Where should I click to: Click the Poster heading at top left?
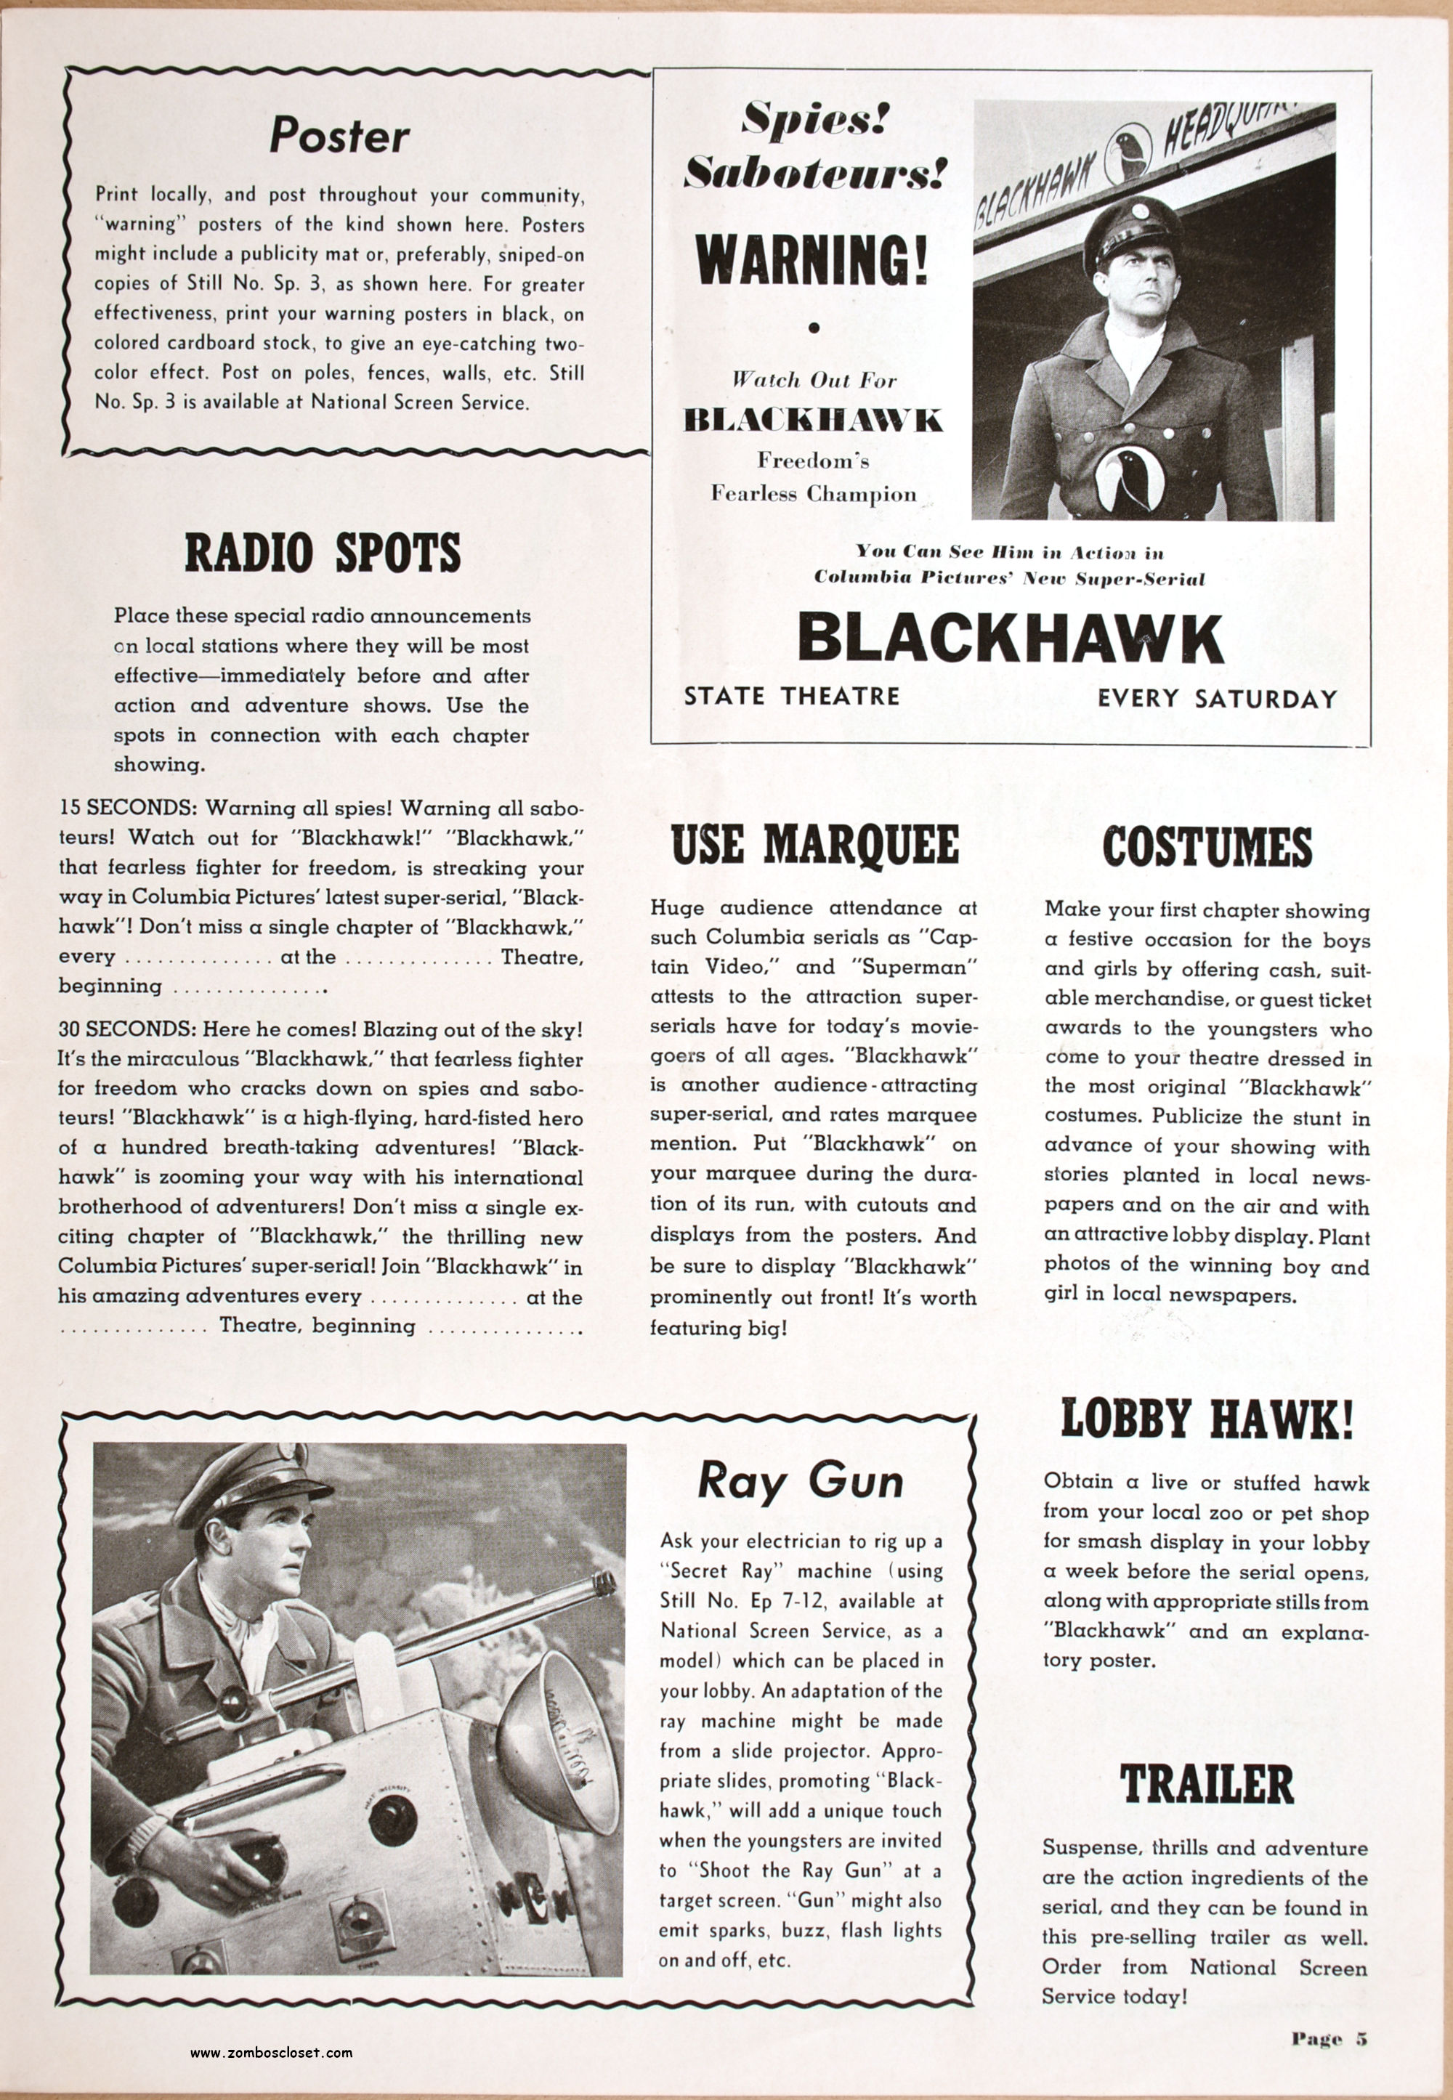339,137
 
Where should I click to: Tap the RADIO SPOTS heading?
323,554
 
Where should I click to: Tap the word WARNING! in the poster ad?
813,259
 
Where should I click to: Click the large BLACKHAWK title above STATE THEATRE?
1011,639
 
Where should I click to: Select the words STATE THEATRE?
791,697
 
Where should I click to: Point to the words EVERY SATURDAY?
1217,699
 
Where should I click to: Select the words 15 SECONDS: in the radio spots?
129,808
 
